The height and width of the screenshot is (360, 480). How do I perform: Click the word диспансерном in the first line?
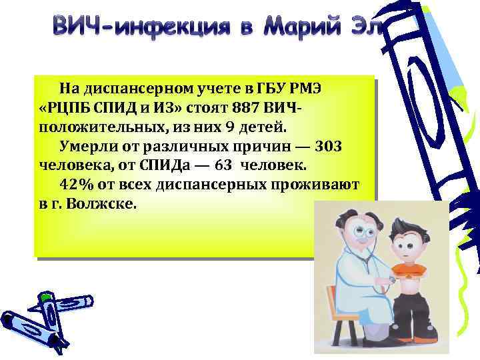click(x=137, y=87)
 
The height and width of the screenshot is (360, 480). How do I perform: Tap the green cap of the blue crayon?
click(x=45, y=297)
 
